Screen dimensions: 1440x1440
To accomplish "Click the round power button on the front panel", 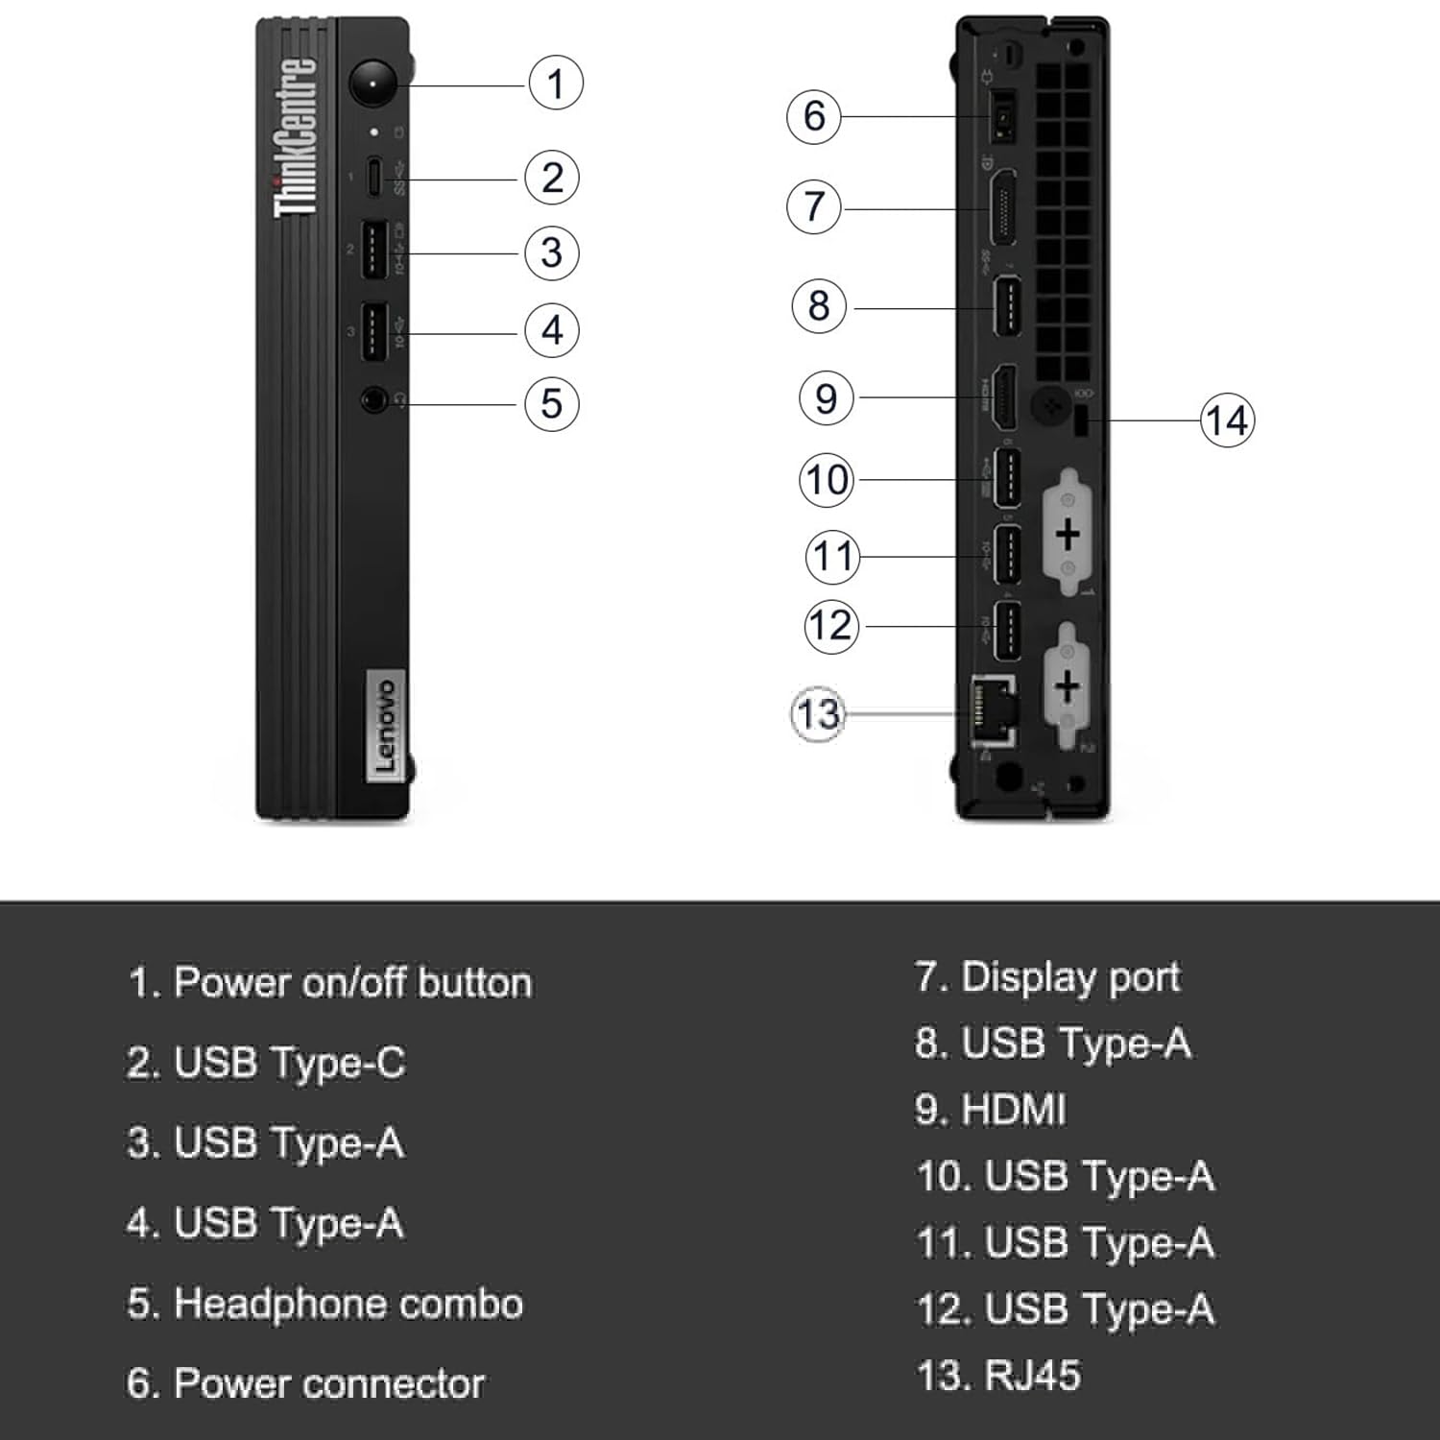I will click(372, 85).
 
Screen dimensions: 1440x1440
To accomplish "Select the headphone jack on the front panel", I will click(374, 399).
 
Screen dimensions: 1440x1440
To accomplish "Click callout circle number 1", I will click(556, 83).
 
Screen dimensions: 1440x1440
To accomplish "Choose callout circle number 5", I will click(552, 403).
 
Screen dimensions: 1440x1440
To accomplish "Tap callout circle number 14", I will click(1227, 420).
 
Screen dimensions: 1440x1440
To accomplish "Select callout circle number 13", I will click(818, 713).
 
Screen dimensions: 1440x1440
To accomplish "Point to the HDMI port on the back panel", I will click(1003, 398).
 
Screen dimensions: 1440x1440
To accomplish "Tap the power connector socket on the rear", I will click(1002, 116).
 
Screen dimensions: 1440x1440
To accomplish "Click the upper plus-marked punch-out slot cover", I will click(1068, 535).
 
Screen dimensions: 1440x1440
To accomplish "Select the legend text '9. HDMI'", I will click(990, 1110).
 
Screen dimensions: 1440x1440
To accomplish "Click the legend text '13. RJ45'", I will click(998, 1376).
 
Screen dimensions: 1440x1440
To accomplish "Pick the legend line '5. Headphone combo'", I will click(324, 1304).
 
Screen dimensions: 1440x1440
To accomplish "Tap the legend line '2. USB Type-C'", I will click(266, 1063).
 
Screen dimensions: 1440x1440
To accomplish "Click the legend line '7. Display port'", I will click(1047, 977).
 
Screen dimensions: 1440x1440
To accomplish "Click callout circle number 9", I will click(826, 397).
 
